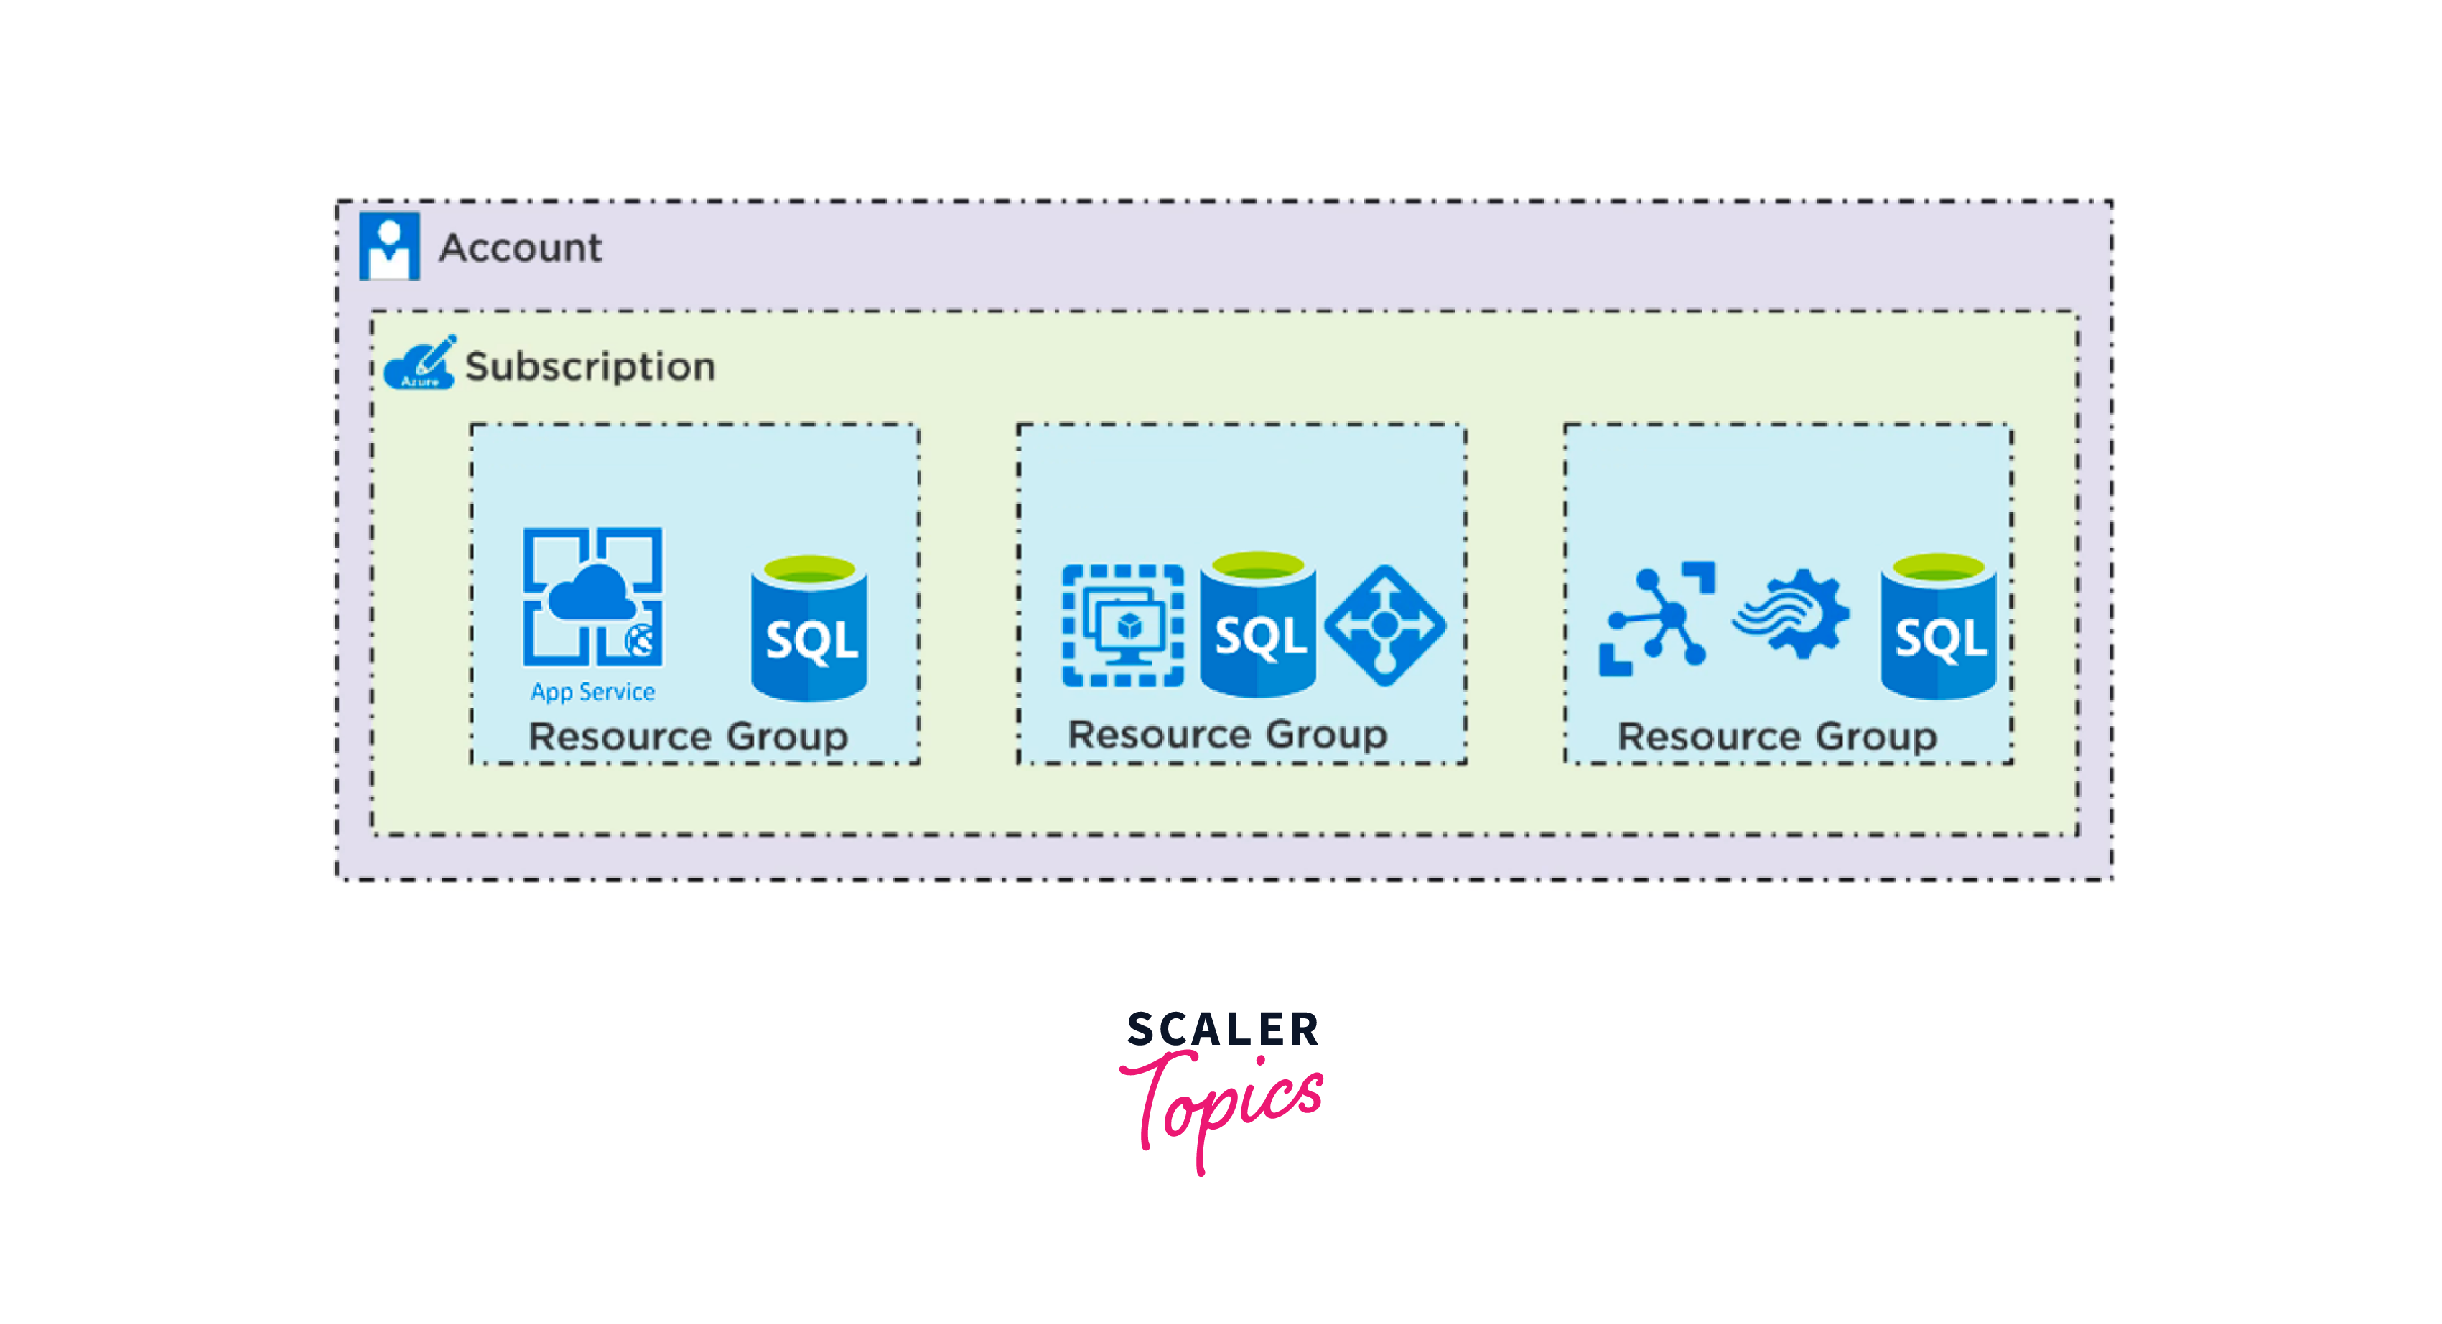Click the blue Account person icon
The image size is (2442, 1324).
click(388, 245)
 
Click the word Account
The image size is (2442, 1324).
click(520, 248)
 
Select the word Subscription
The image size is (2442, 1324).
click(589, 367)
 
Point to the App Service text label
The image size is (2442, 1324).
click(592, 692)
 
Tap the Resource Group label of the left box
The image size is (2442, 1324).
click(689, 736)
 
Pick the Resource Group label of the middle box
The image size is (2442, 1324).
click(1228, 735)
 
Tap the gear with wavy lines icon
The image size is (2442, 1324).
click(1791, 614)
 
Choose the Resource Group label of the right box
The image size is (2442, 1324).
click(1776, 736)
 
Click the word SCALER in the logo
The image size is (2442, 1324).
click(1223, 1029)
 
